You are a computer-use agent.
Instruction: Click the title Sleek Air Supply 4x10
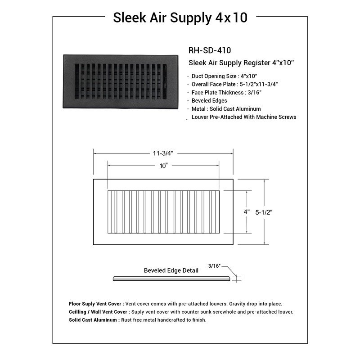click(x=180, y=18)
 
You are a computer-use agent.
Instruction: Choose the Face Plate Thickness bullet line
click(x=226, y=92)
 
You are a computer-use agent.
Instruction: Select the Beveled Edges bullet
click(x=209, y=100)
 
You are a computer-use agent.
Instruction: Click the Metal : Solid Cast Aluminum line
click(x=226, y=108)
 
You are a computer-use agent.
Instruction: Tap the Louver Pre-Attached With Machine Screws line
click(x=243, y=117)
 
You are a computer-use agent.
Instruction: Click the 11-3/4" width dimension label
click(x=163, y=153)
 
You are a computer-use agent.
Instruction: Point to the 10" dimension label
click(x=163, y=166)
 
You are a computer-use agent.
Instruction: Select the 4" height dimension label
click(x=247, y=211)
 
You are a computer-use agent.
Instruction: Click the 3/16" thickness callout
click(x=215, y=266)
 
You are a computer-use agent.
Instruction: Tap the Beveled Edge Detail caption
click(x=171, y=270)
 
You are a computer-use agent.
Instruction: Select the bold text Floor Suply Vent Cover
click(x=96, y=304)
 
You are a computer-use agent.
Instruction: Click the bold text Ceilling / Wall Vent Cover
click(x=99, y=312)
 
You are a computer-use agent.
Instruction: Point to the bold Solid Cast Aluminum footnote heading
click(x=94, y=320)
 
